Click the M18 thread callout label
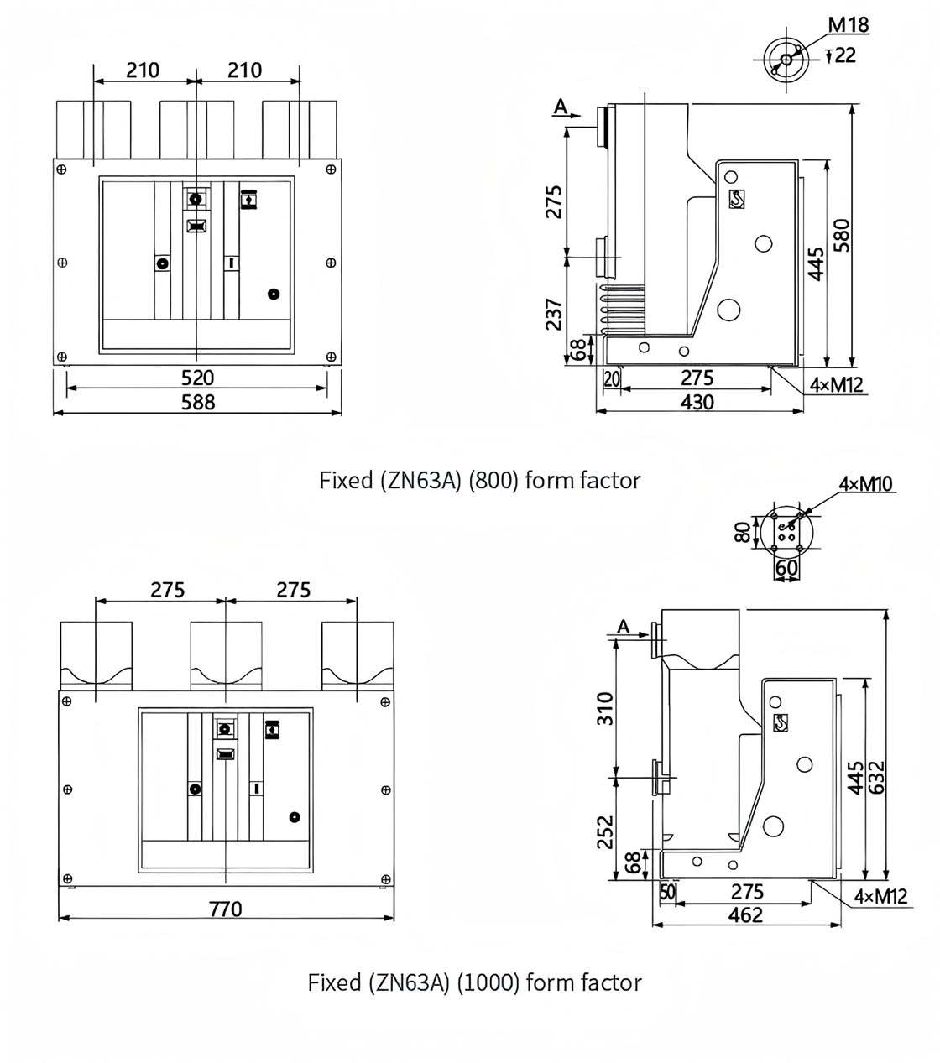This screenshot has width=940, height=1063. pos(849,24)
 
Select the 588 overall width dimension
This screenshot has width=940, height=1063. pos(198,402)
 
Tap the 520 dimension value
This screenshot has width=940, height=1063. pos(198,378)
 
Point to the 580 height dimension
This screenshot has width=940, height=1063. pos(841,235)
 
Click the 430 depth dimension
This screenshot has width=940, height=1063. pos(697,402)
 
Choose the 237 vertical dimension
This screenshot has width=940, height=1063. pos(554,313)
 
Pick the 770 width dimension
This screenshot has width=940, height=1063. pos(225,908)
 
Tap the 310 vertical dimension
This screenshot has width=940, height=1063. pos(604,708)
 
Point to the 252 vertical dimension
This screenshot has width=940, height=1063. pos(604,831)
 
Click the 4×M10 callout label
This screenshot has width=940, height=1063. pos(866,483)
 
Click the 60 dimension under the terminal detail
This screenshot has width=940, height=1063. pos(786,568)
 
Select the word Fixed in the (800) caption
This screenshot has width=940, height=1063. pos(345,481)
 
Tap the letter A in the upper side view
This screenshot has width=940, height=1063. pos(561,106)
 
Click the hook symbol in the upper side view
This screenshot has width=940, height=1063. pos(737,200)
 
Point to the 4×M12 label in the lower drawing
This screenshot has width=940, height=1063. pos(880,896)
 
